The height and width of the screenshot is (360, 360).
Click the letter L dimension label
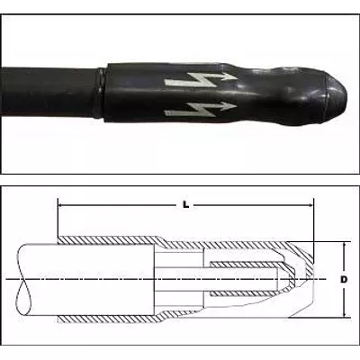(186, 205)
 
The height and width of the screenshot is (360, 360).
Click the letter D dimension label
(344, 280)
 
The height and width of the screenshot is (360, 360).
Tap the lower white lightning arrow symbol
(201, 109)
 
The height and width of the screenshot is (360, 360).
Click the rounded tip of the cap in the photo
(337, 97)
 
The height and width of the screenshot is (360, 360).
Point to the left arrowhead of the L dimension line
(60, 205)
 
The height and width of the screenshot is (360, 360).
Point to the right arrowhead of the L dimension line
(310, 205)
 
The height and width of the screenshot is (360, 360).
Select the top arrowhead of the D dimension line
(344, 245)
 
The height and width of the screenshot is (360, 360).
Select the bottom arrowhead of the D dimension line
(344, 313)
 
